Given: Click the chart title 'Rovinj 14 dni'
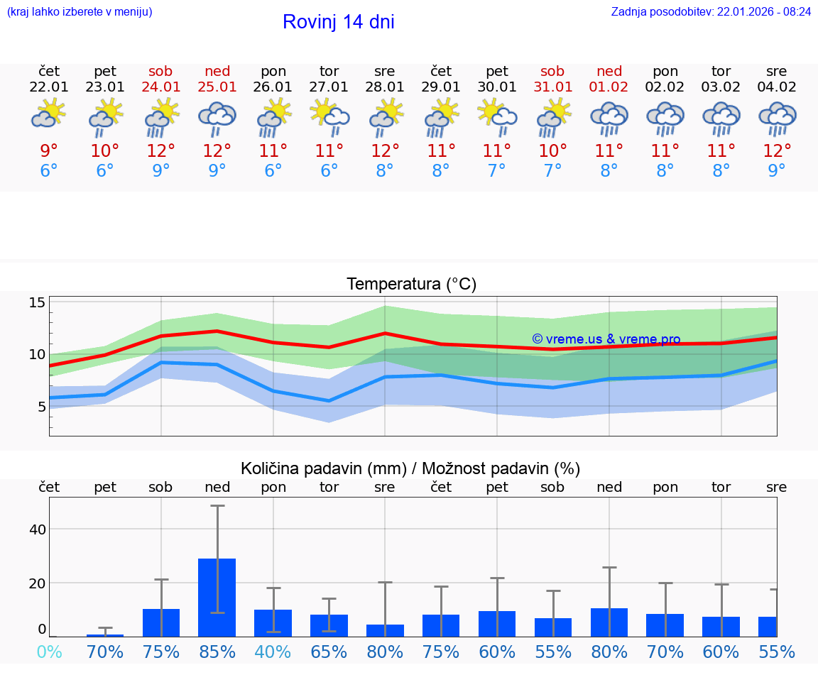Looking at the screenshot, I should (x=338, y=22).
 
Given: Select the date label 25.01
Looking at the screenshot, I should (x=217, y=87).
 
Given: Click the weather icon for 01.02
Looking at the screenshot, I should (x=609, y=118).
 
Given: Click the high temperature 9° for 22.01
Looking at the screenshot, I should (x=49, y=150).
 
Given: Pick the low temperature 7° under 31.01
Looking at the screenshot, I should (x=552, y=171).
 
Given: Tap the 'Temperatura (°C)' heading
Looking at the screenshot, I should (x=411, y=285).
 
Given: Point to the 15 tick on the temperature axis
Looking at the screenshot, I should (x=37, y=303).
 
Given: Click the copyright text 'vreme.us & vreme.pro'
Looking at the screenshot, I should (x=606, y=339).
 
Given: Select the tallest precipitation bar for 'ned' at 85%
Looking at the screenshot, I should (x=217, y=597).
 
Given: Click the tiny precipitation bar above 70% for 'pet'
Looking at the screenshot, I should (x=105, y=635).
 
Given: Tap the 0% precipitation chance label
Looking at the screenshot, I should (x=49, y=652).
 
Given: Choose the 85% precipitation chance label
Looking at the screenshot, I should (x=217, y=652).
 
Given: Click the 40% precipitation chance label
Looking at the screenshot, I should (x=273, y=652).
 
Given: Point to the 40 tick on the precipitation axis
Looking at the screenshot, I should (x=37, y=529).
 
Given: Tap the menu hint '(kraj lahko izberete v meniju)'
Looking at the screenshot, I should (x=80, y=12).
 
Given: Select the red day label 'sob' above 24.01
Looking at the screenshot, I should (x=161, y=72).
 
